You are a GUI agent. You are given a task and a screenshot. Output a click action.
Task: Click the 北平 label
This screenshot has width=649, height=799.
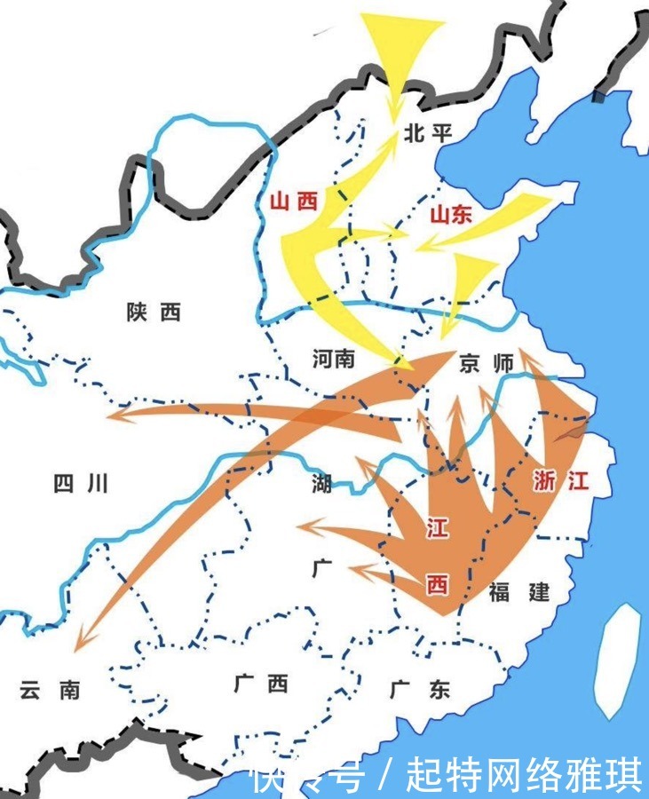click(428, 134)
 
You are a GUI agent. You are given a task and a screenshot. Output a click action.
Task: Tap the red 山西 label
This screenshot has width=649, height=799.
click(293, 202)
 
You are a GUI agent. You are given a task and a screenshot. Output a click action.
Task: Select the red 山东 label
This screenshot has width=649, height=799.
click(451, 216)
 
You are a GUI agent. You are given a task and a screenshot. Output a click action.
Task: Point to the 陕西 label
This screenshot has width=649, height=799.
click(154, 312)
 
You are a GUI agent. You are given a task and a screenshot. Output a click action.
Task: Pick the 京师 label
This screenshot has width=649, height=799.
click(487, 364)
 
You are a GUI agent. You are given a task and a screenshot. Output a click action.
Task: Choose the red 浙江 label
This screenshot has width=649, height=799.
click(560, 481)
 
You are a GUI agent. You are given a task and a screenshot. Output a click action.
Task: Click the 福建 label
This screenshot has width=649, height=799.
click(519, 592)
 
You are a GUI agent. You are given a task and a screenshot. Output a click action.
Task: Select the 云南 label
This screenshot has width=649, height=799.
click(51, 690)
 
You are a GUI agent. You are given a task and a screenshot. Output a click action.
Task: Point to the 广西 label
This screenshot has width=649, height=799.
click(261, 684)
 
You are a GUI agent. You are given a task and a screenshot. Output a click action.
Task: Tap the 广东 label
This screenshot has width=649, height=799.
click(420, 689)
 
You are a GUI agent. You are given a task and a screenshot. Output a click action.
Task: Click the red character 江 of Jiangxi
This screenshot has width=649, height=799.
click(437, 529)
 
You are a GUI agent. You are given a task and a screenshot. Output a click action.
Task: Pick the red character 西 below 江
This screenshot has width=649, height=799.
click(437, 584)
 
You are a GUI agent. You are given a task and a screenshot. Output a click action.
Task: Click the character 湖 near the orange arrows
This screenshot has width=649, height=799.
click(321, 485)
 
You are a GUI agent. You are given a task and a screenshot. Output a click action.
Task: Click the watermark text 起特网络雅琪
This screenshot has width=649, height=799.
click(524, 776)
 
